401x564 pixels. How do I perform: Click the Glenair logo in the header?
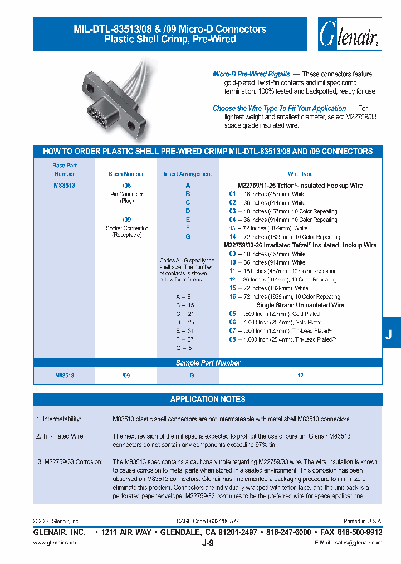coord(349,35)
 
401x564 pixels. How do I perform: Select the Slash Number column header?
coord(126,174)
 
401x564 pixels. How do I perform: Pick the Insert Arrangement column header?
coord(188,174)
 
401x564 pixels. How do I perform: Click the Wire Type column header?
coord(300,174)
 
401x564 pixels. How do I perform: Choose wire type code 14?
coord(232,237)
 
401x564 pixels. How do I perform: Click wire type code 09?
coord(232,254)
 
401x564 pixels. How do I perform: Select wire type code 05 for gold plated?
coord(232,314)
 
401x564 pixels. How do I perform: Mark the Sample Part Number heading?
coord(208,363)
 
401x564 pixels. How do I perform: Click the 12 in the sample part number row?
coord(300,376)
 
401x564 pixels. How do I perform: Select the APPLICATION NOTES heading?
coord(208,399)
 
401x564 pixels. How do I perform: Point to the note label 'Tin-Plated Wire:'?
coord(60,436)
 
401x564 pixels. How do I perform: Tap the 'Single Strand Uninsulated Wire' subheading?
coord(300,305)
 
